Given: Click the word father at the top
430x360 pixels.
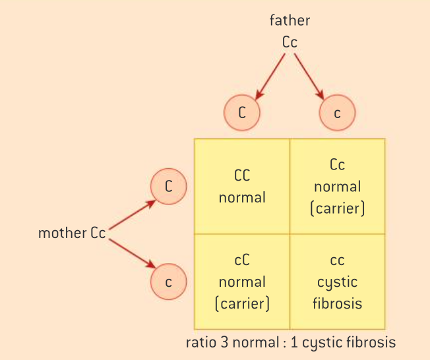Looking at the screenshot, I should click(290, 20).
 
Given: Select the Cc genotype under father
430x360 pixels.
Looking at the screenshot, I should click(290, 42).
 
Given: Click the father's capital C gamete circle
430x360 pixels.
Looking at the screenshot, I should click(242, 112).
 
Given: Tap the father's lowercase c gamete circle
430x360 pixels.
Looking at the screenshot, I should click(337, 113).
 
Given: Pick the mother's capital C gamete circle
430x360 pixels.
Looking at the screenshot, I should click(169, 186).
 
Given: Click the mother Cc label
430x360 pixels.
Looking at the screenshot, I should click(72, 233).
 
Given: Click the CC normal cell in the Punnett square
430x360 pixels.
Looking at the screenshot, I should click(242, 187).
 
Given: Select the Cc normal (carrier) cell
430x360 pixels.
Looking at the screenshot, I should click(337, 186).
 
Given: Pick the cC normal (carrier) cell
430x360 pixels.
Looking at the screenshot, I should click(242, 282).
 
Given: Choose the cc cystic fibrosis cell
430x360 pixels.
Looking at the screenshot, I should click(337, 282).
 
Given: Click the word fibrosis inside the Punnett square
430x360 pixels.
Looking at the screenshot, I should click(337, 304).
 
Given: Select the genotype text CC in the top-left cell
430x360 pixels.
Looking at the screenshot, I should click(242, 176).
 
